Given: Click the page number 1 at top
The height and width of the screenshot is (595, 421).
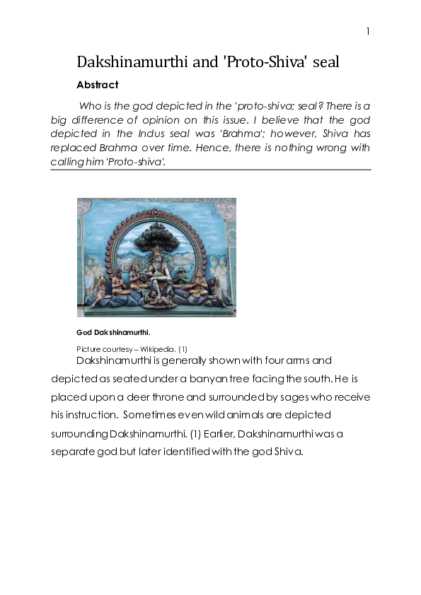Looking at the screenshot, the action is click(368, 32).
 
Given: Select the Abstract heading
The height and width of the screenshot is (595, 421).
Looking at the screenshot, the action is click(97, 85).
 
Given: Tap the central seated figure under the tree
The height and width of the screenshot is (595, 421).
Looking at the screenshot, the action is click(156, 272).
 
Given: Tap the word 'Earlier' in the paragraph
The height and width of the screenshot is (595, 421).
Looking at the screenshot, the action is click(208, 433).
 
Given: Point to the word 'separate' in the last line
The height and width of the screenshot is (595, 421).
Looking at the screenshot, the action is click(73, 451).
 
